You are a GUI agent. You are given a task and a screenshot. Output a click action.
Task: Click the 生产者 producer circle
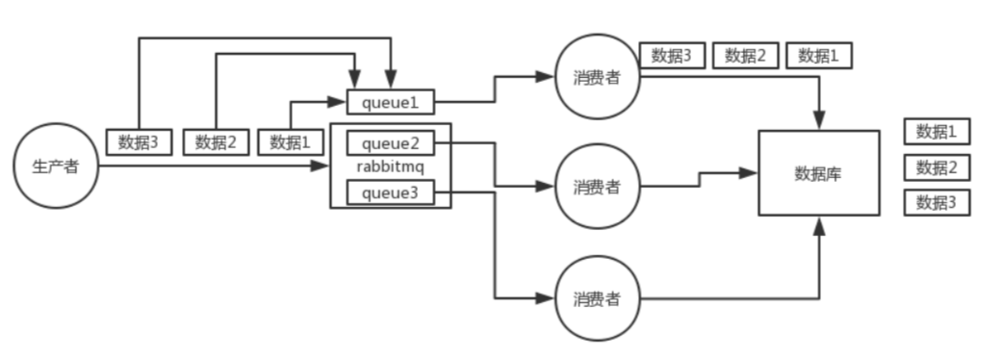[x=56, y=167]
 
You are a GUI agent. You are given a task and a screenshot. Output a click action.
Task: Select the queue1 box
[x=391, y=100]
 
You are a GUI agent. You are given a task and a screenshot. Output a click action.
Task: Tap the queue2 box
[x=391, y=143]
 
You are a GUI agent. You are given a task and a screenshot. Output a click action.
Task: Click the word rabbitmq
[x=391, y=167]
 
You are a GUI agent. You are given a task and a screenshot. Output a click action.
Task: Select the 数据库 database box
[x=819, y=173]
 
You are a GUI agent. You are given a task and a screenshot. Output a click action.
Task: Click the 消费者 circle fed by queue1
[x=597, y=78]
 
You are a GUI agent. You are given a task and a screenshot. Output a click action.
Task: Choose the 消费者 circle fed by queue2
[x=597, y=187]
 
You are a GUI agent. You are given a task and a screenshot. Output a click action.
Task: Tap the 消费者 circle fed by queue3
[x=597, y=297]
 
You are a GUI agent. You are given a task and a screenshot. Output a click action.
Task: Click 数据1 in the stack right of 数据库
[x=937, y=132]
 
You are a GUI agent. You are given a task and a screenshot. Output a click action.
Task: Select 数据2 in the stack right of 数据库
[x=937, y=167]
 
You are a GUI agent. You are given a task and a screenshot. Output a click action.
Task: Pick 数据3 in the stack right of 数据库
[x=937, y=202]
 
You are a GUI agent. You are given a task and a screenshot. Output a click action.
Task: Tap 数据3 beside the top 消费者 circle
[x=672, y=56]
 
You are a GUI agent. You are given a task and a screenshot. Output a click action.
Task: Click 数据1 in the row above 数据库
[x=818, y=56]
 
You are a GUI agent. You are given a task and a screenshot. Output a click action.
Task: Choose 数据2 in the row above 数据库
[x=745, y=56]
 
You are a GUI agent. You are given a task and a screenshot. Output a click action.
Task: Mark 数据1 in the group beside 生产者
[x=292, y=142]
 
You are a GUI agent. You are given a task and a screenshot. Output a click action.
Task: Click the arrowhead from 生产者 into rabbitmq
[x=322, y=167]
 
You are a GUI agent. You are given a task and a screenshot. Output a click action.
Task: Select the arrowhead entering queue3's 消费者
[x=549, y=297]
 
